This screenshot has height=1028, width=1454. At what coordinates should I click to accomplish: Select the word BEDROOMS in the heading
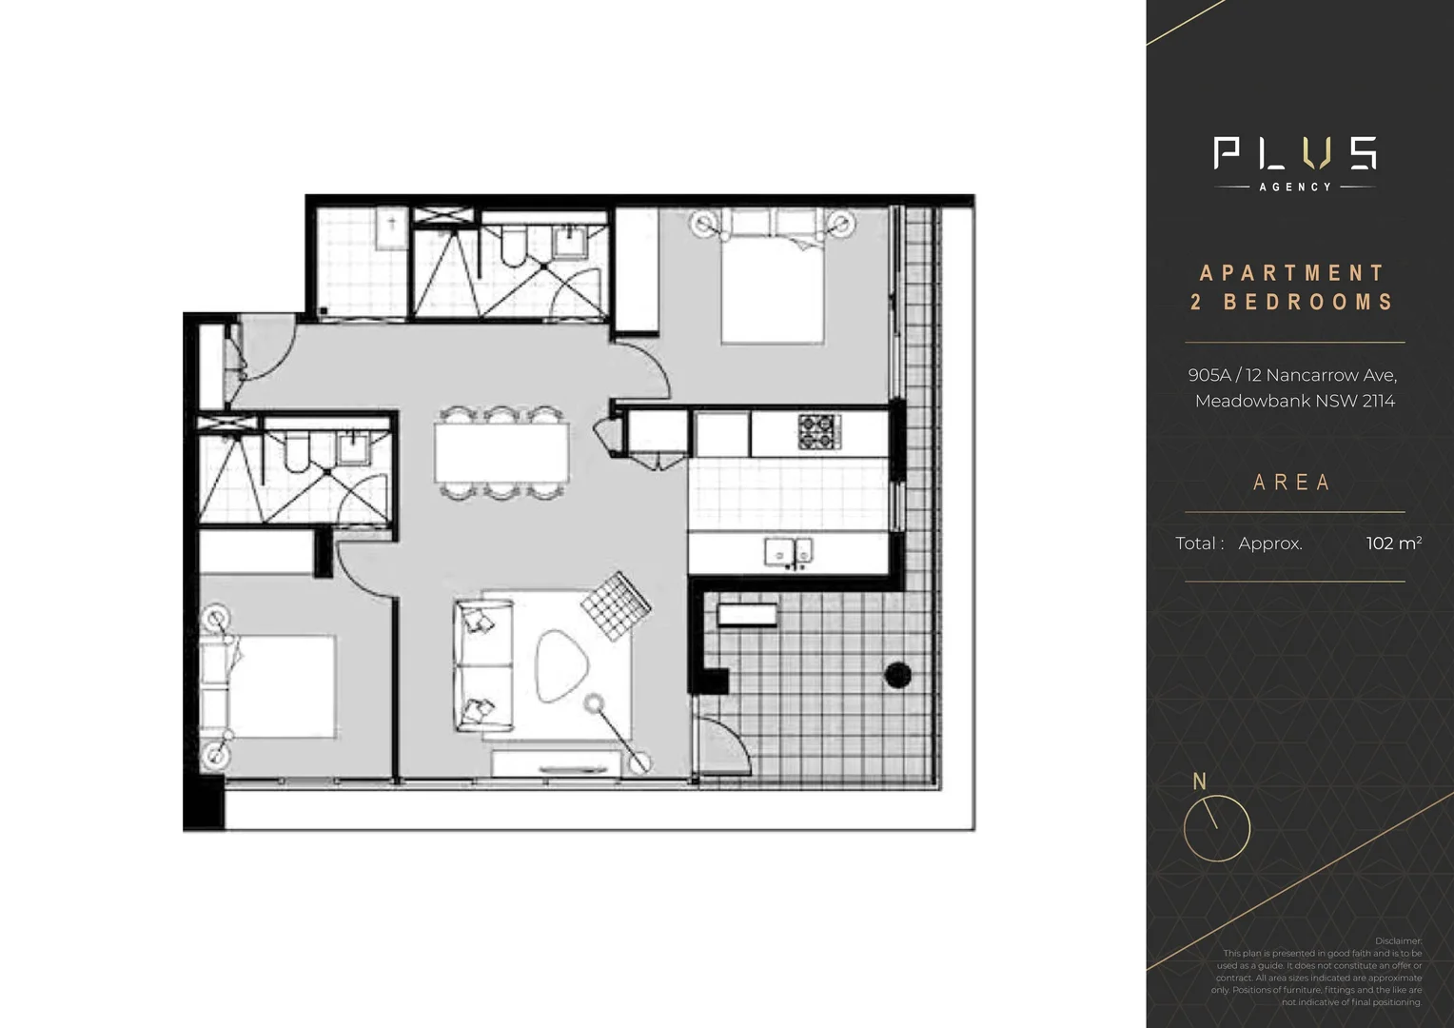(x=1308, y=303)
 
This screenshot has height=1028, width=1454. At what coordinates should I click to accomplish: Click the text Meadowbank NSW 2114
(x=1294, y=401)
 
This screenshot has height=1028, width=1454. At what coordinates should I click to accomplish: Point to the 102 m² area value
(x=1393, y=544)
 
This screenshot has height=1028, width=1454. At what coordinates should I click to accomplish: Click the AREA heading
(x=1292, y=483)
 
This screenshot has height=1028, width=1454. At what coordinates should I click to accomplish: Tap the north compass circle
(x=1216, y=828)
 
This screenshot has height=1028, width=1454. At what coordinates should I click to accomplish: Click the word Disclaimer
(x=1398, y=940)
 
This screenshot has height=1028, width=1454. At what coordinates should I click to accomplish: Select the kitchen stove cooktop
(x=819, y=431)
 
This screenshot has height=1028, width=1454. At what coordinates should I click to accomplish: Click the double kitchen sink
(x=789, y=551)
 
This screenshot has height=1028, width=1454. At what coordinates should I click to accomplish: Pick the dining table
(x=502, y=452)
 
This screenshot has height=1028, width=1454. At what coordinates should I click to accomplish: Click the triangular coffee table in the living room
(x=562, y=665)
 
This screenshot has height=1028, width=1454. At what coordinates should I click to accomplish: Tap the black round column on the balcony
(x=897, y=675)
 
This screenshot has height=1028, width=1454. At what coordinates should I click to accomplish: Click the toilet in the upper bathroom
(x=512, y=247)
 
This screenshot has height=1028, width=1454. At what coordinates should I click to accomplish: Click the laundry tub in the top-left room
(x=391, y=227)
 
